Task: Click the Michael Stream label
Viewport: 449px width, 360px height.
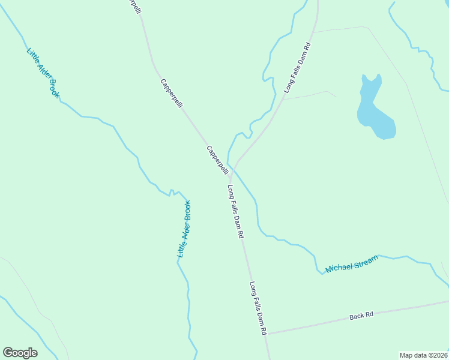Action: point(352,264)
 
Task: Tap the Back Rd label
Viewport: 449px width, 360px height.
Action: point(361,315)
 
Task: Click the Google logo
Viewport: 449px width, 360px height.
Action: point(20,353)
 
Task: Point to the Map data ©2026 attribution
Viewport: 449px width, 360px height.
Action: point(423,355)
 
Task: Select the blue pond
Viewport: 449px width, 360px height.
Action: point(373,111)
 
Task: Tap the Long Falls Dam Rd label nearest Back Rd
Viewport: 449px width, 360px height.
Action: point(258,308)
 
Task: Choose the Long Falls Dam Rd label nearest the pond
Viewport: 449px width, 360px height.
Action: point(298,67)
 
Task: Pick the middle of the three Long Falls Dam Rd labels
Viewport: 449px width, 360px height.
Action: point(236,212)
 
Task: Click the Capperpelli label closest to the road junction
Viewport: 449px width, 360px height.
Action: point(217,160)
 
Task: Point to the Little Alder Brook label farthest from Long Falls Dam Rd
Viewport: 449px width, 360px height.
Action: point(43,72)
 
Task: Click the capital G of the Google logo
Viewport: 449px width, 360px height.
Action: point(8,353)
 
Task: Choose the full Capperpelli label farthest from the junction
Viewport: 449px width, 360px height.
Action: point(171,93)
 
